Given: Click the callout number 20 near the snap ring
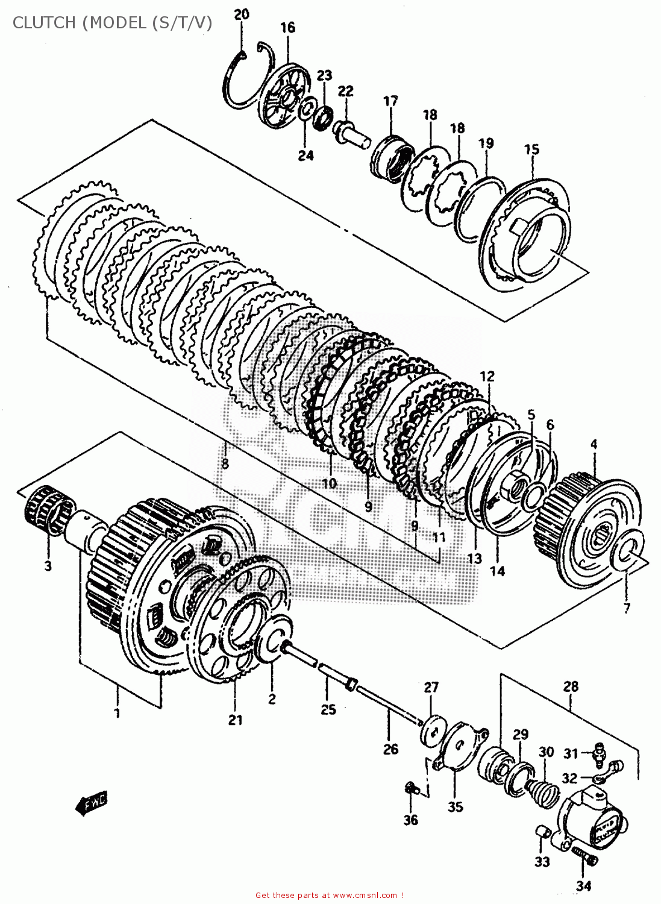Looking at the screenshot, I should tap(241, 14).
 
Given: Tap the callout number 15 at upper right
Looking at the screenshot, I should tap(531, 149).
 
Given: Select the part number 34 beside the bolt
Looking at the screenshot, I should tap(583, 885).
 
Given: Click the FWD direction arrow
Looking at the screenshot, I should tap(91, 804).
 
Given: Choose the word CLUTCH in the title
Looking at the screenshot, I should tap(45, 23).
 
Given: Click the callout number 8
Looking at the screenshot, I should tap(225, 463).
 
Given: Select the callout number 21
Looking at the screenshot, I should tap(235, 720).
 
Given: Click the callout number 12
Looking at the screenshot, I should tap(487, 376).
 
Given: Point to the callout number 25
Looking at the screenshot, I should tap(328, 709).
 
